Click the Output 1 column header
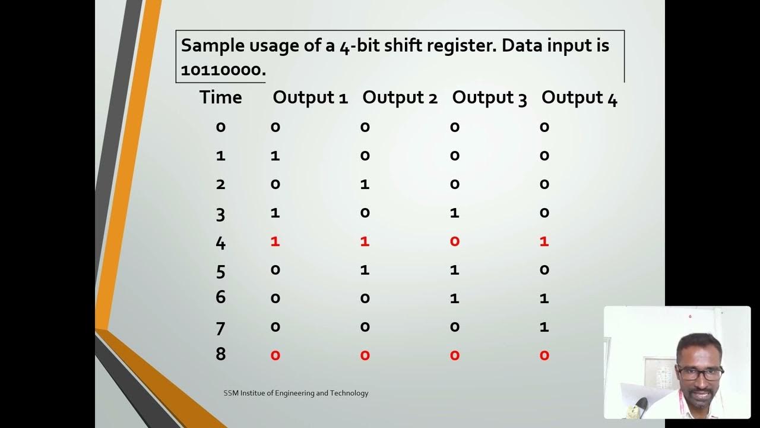(x=310, y=98)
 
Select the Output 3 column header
(x=489, y=98)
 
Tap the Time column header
(x=220, y=97)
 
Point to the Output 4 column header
(x=579, y=98)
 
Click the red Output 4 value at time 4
(x=544, y=241)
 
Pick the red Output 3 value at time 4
(x=455, y=241)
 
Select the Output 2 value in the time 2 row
(x=365, y=184)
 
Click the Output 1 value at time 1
(x=275, y=156)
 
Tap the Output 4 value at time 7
(x=544, y=327)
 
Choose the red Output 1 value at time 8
(x=275, y=355)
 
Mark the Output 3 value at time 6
(x=455, y=298)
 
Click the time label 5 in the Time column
(x=220, y=271)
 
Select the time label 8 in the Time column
(x=220, y=354)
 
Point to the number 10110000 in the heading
(x=221, y=70)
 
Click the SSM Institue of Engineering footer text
(x=296, y=393)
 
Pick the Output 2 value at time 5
(x=365, y=270)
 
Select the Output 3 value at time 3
(x=455, y=213)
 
